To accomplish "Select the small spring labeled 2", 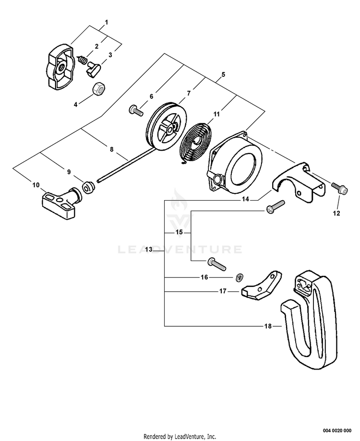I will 82,61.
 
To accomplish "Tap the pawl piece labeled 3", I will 92,70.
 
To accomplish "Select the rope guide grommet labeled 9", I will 88,188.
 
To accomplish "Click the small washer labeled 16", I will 238,277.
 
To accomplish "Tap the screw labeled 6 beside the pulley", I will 136,111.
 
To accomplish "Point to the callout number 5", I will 223,75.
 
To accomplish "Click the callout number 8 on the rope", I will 111,149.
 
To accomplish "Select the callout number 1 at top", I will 106,22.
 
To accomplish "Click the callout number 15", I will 179,232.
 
